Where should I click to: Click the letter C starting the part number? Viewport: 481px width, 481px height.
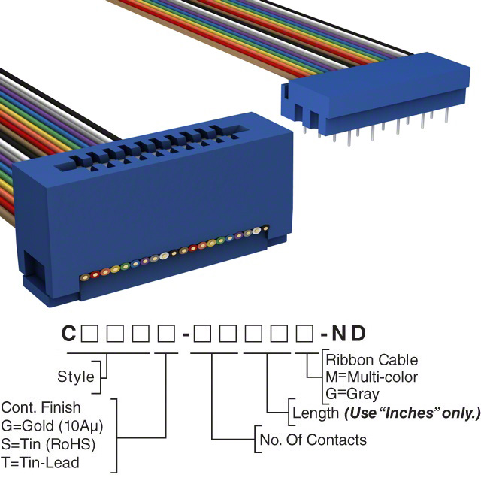coord(68,333)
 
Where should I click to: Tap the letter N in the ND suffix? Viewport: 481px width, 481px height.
coord(344,333)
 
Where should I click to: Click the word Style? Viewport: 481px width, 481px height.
coord(76,377)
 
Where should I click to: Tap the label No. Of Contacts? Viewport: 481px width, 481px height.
coord(313,440)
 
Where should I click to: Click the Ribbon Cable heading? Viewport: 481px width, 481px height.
coord(371,360)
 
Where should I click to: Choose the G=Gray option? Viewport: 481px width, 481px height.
coord(352,393)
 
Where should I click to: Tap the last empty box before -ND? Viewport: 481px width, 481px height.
coord(304,333)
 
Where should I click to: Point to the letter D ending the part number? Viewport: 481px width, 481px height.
coord(365,333)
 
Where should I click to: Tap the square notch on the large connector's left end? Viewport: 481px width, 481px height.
coord(33,266)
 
